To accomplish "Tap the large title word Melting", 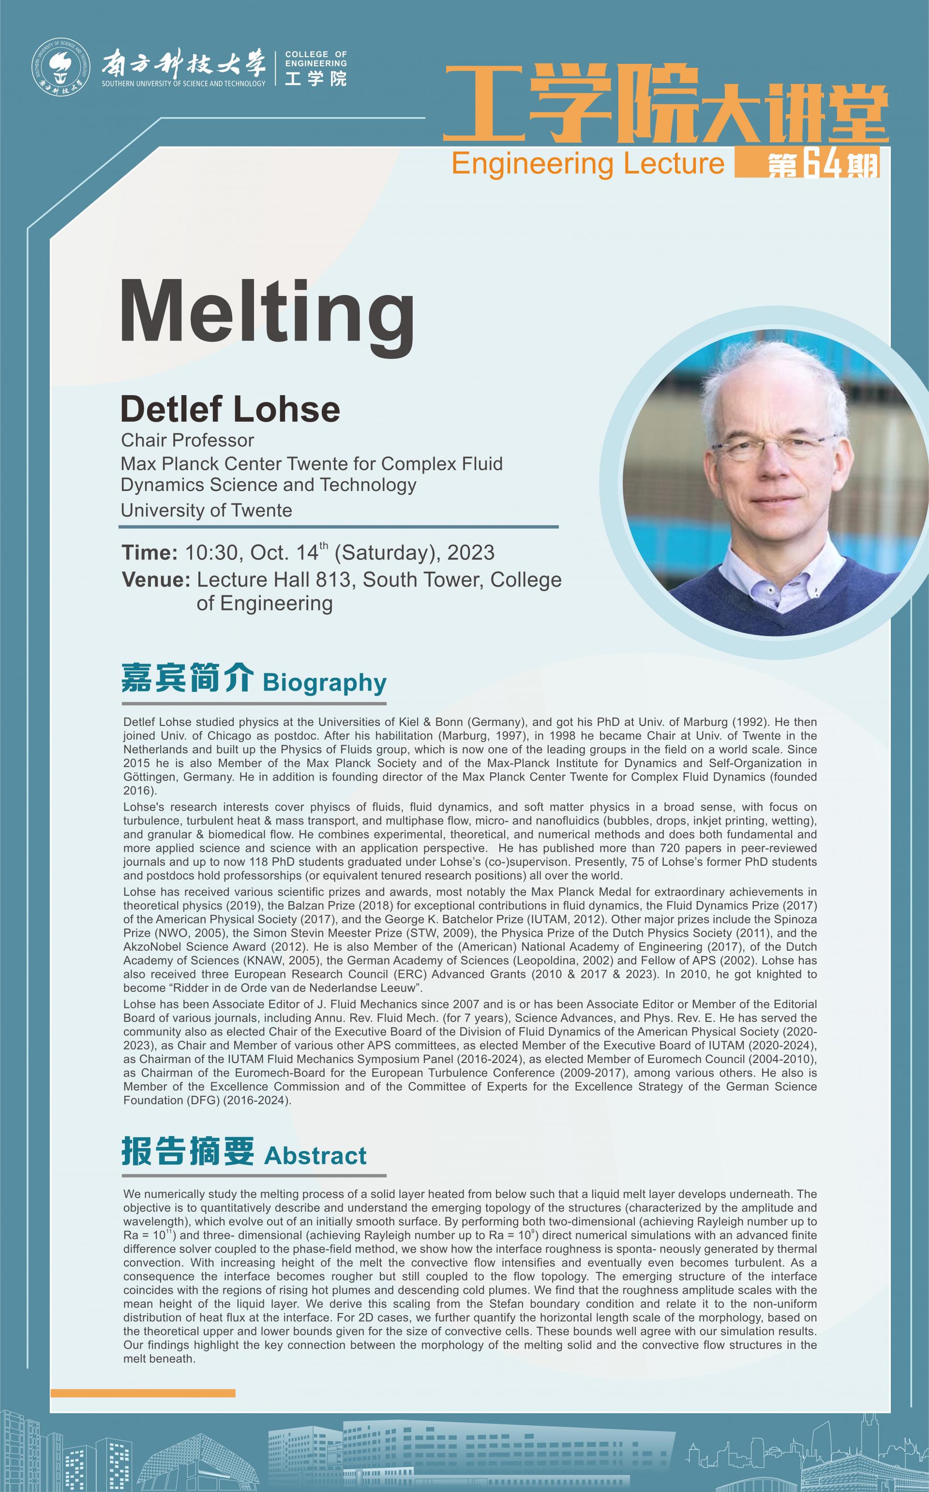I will coord(267,312).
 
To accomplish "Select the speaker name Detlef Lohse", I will coord(230,410).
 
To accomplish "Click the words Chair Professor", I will coord(187,440).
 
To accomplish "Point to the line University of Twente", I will coord(207,510).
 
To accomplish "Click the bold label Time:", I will coord(150,553).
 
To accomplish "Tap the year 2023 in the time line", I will coord(471,553).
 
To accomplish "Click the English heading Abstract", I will coord(315,1155).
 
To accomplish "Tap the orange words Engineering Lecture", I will coord(588,164).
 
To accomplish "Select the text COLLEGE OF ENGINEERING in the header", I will coord(316,59).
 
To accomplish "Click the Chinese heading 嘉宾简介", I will coord(187,678).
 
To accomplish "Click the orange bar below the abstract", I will coord(143,1393).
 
